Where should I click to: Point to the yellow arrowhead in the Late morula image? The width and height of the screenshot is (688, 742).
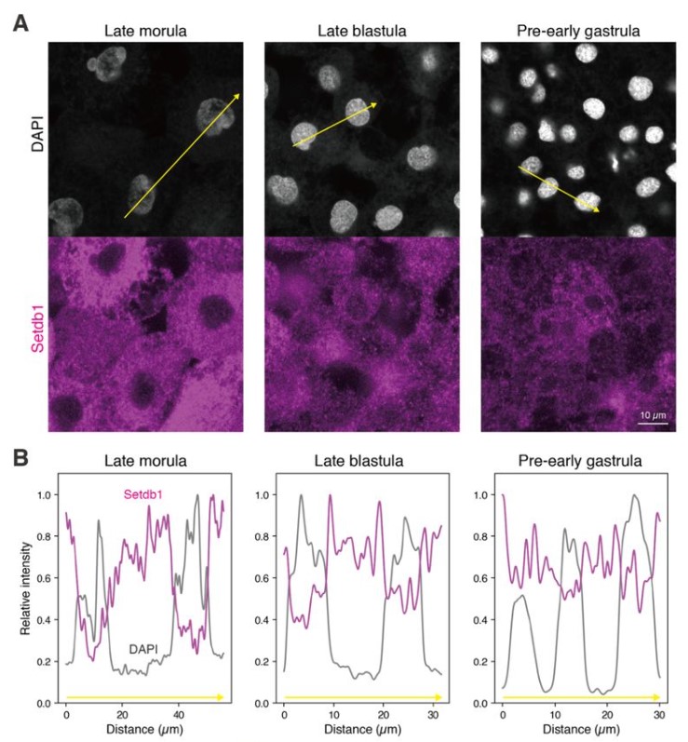[x=238, y=95]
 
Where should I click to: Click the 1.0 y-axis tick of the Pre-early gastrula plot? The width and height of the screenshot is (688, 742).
[x=483, y=494]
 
